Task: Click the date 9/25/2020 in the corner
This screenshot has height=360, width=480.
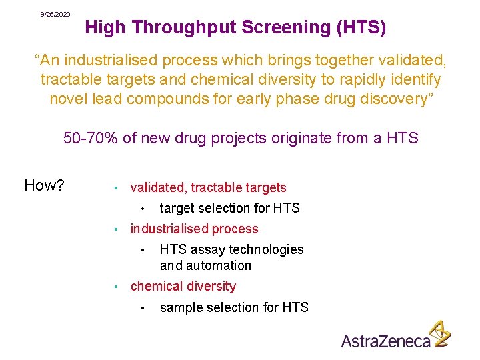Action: pos(55,14)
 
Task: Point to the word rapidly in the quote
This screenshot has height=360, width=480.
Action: pos(339,80)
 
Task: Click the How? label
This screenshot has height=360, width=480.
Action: pos(44,185)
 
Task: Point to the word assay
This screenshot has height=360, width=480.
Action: pos(207,249)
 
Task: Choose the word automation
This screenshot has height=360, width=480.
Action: pos(220,265)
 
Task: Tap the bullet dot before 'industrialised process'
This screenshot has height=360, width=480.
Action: pos(115,229)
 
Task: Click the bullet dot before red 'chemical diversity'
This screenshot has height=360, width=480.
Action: pos(115,287)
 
